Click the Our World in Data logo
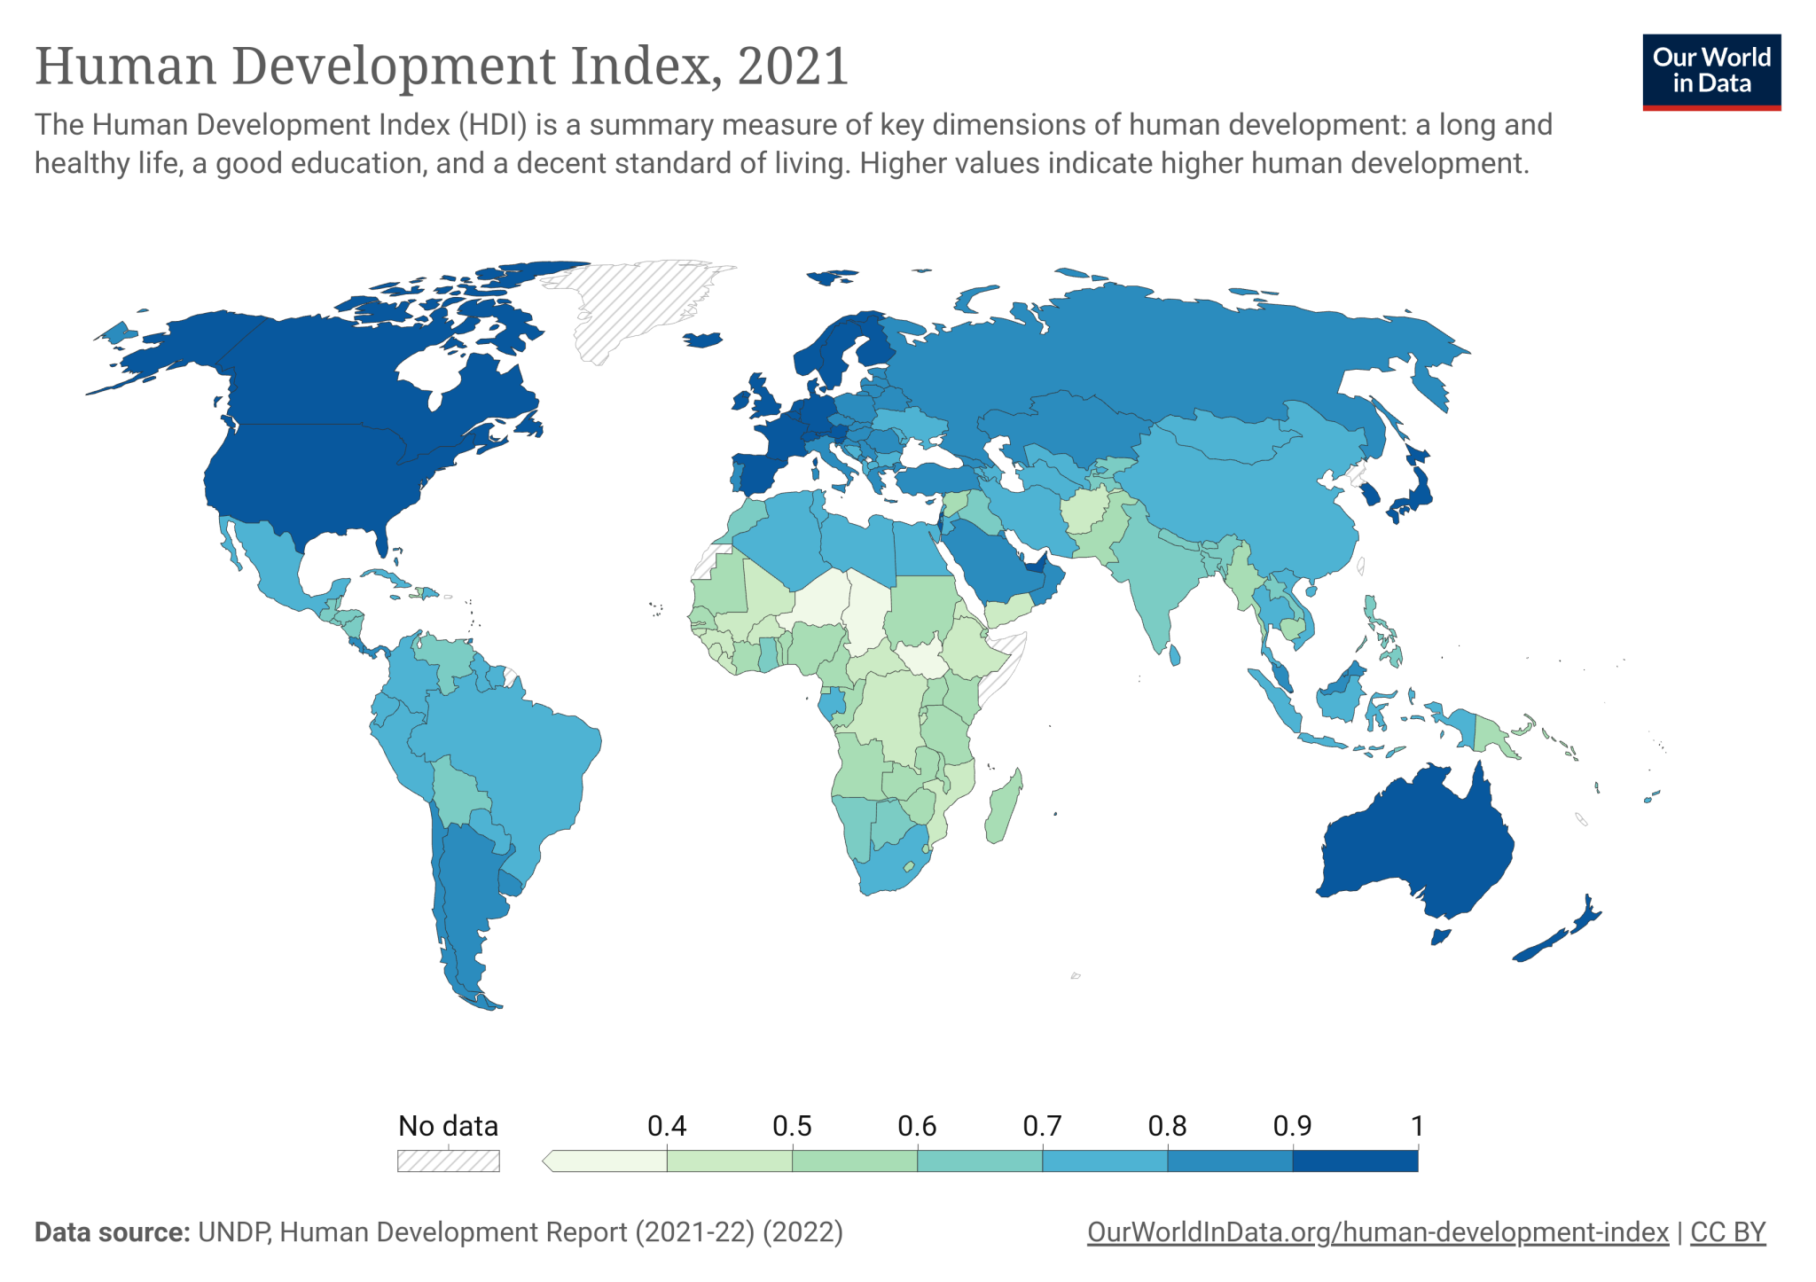tap(1710, 72)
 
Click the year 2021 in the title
tap(792, 66)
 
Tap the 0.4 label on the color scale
tap(666, 1126)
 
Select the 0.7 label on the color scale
tap(1041, 1126)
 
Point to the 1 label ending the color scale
tap(1417, 1126)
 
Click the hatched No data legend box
tap(448, 1161)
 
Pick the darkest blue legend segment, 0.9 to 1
tap(1355, 1161)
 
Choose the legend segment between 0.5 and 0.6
tap(854, 1161)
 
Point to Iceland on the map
tap(703, 340)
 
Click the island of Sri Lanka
tap(1175, 655)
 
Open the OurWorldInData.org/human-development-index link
tap(1377, 1232)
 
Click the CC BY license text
tap(1727, 1232)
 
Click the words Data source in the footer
tap(112, 1232)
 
